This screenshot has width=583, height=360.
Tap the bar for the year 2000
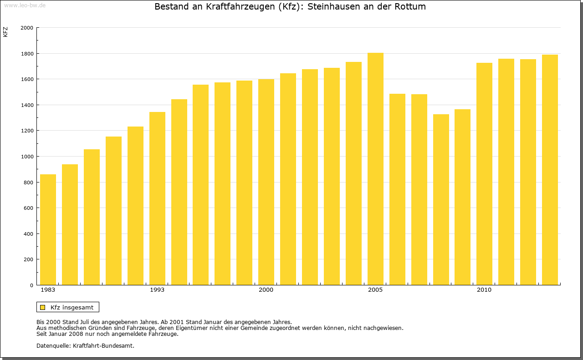(266, 182)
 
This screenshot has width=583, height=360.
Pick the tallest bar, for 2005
(375, 169)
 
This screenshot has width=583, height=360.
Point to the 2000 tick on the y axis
(27, 28)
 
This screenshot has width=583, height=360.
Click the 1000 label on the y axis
(27, 157)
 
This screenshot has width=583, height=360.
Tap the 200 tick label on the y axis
(29, 259)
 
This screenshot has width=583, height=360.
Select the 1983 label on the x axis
(48, 290)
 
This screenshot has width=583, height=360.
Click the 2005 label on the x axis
(375, 290)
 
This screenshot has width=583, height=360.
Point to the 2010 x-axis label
(484, 290)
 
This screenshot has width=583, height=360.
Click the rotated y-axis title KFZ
(5, 32)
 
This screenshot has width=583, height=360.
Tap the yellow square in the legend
(42, 307)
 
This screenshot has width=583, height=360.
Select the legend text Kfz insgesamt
(72, 307)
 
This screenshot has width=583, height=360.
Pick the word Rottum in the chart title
(410, 7)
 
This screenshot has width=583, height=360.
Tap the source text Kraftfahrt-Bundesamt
(103, 345)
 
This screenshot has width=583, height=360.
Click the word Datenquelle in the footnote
(53, 345)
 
